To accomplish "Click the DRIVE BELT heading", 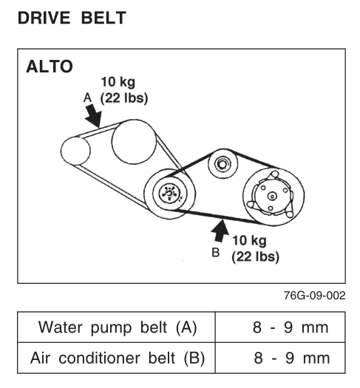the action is coord(72,18).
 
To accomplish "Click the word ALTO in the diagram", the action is coord(50,67).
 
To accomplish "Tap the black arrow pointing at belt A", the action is coord(94,115).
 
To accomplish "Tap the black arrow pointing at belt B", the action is coord(220,230).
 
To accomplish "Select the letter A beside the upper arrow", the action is coord(87,98).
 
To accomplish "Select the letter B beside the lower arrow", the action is coord(216,253).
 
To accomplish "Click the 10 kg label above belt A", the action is coord(118,82).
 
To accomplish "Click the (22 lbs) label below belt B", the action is coord(255,256).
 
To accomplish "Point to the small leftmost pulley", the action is coord(75,151).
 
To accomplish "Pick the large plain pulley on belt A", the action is coord(134,142).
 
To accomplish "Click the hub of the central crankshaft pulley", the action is coord(169,193).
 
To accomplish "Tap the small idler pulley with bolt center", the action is coord(223,164).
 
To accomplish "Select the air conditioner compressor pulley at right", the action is coord(274,197).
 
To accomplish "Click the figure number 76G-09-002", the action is coord(314,296).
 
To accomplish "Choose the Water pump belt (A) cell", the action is coord(118,327).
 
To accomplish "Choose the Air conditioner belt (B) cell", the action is coord(118,358).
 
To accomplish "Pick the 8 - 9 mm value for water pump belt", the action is coord(291,327).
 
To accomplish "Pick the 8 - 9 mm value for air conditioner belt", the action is coord(292,358).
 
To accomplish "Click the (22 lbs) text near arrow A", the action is coord(124,98).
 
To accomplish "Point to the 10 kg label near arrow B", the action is coord(249,240).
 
